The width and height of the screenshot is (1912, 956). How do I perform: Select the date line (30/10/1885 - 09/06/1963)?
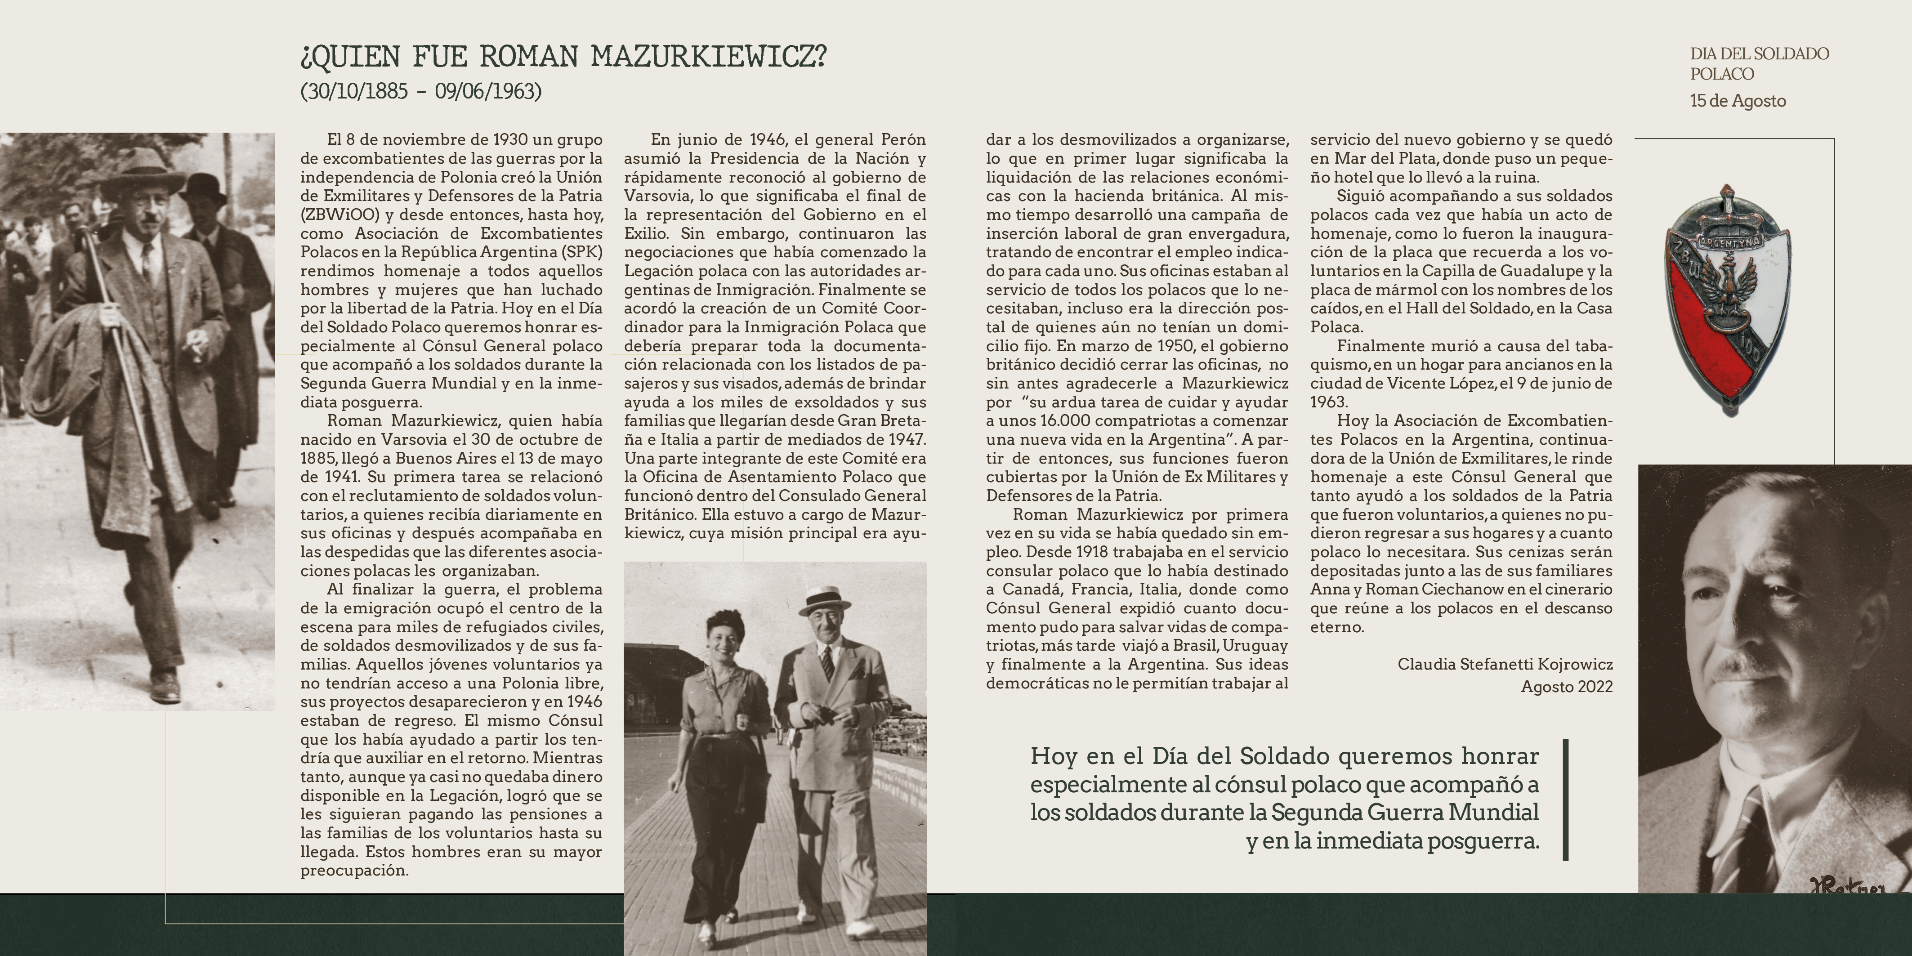421,91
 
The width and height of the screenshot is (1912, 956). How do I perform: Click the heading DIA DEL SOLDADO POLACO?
1759,64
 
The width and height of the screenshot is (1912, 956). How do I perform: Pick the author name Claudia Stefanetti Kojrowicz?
1505,664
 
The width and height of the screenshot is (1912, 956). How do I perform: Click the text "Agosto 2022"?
1566,687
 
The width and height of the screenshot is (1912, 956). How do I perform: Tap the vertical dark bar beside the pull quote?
1565,800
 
